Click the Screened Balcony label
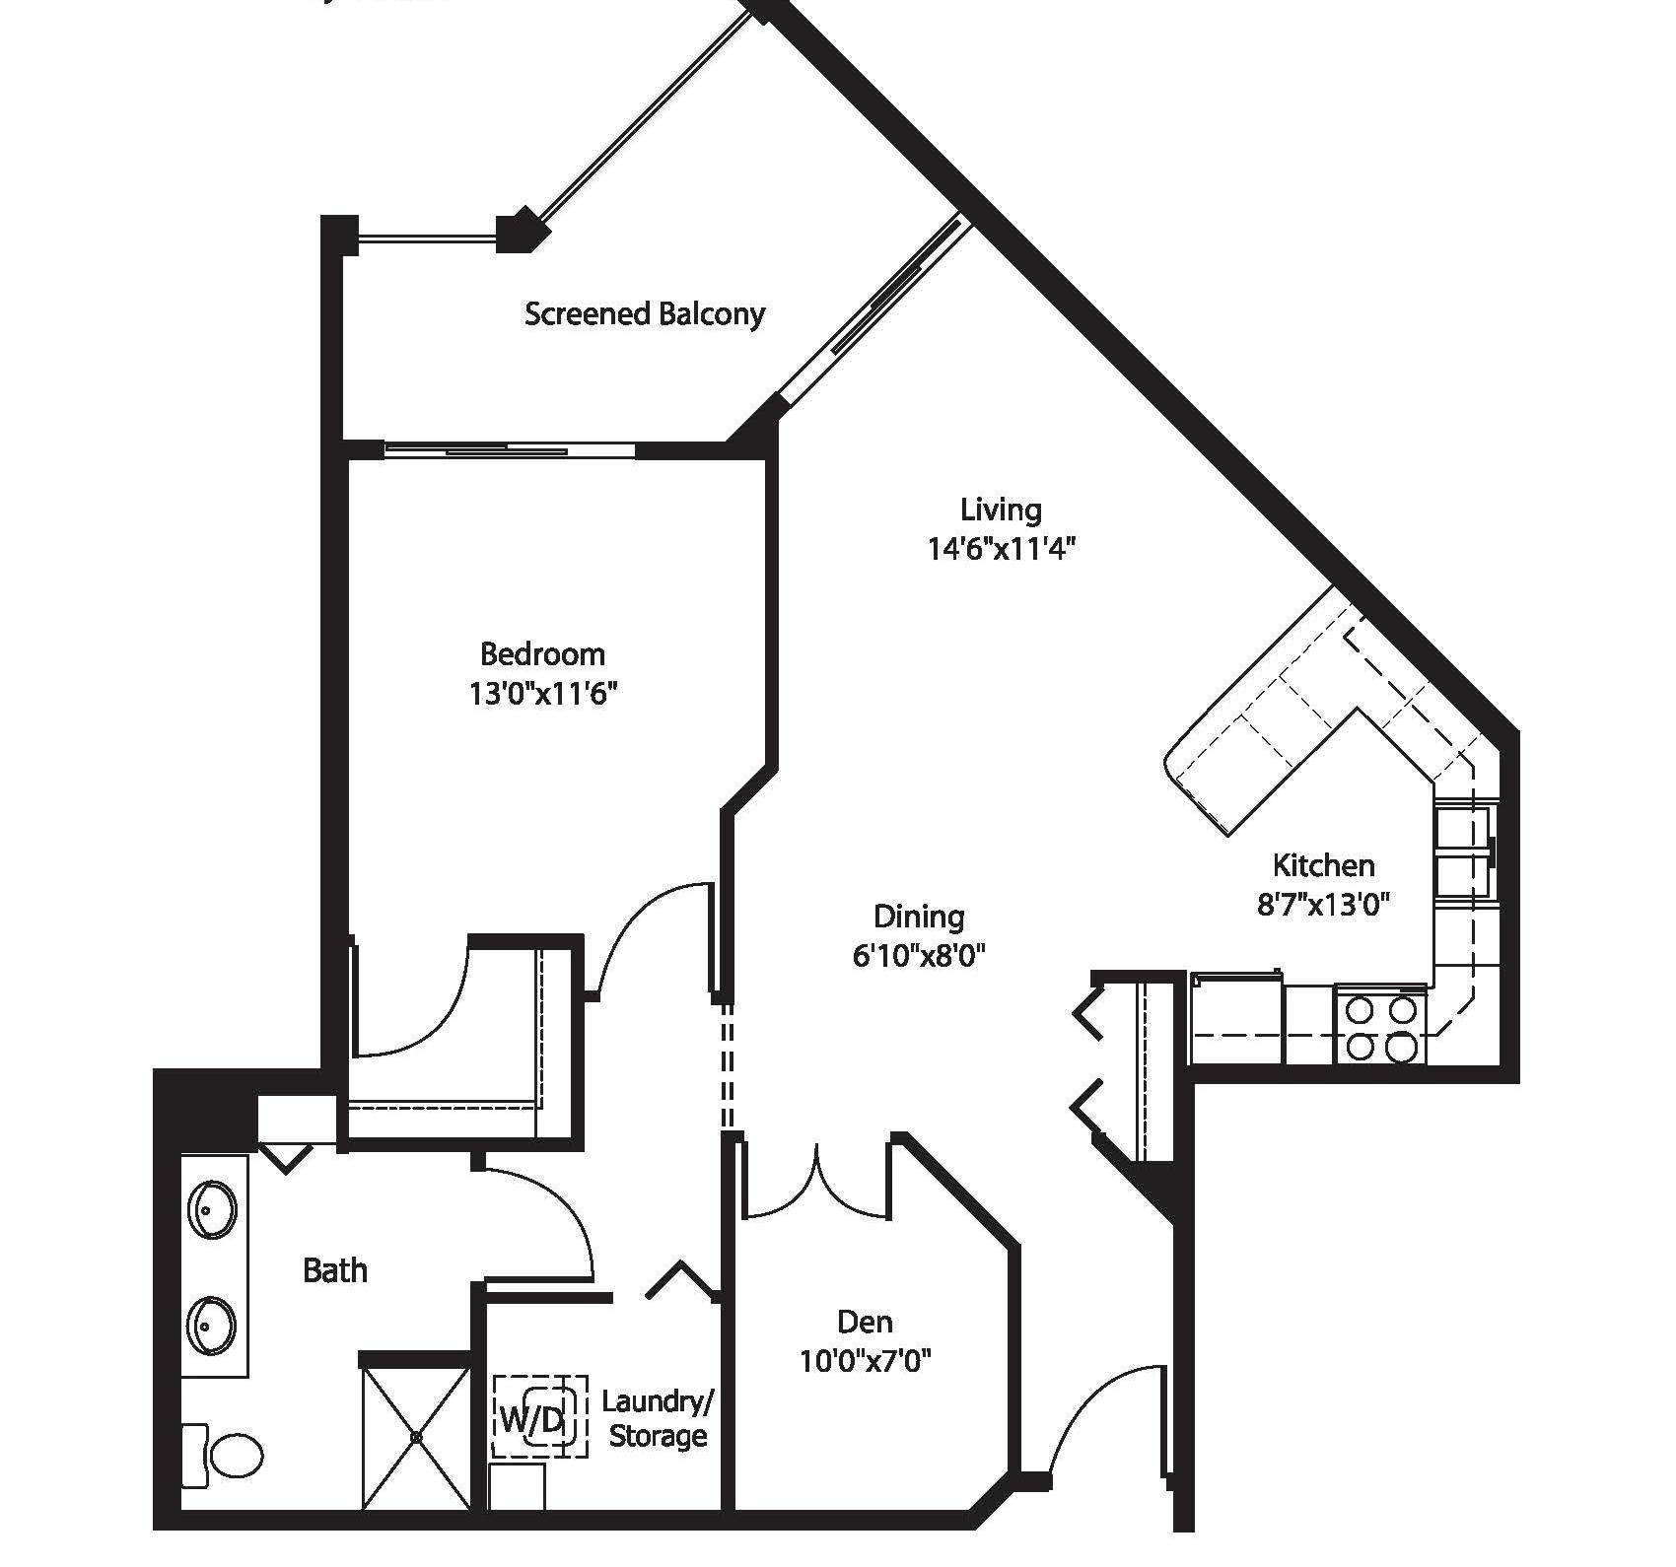point(644,314)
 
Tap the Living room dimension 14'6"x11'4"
point(1000,548)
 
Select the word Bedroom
point(542,653)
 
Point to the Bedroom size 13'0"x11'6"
point(542,694)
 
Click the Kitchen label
point(1323,865)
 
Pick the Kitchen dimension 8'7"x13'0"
point(1323,905)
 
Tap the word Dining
point(919,917)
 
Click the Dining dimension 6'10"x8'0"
point(919,955)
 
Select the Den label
point(865,1322)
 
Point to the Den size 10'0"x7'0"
point(865,1362)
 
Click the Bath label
point(335,1270)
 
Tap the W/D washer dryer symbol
point(538,1418)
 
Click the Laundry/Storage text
point(657,1418)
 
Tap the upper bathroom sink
point(211,1208)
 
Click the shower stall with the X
point(415,1438)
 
